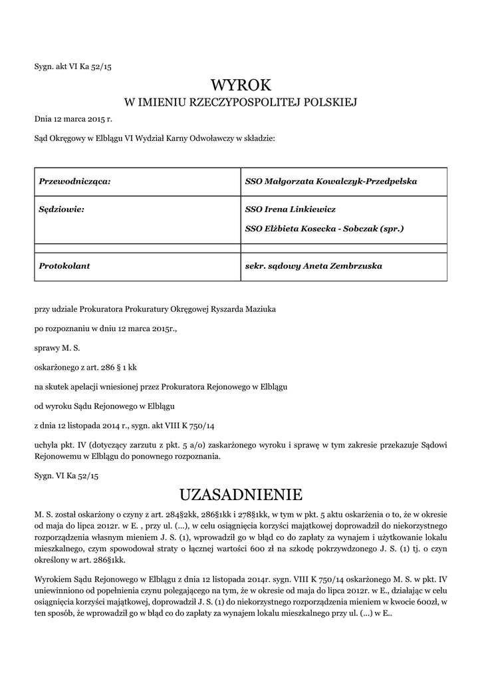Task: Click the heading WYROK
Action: pyautogui.click(x=241, y=85)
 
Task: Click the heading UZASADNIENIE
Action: pyautogui.click(x=241, y=495)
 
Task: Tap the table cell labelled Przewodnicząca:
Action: pyautogui.click(x=74, y=181)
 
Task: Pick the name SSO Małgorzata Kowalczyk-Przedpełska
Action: pyautogui.click(x=331, y=181)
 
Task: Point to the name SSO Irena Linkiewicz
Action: pyautogui.click(x=291, y=209)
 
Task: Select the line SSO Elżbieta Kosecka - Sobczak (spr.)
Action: pyautogui.click(x=324, y=228)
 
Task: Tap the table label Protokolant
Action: pyautogui.click(x=64, y=266)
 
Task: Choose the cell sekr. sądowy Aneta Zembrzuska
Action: pyautogui.click(x=314, y=266)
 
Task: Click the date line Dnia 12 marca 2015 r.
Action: pyautogui.click(x=74, y=120)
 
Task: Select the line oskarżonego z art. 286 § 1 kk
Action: pyautogui.click(x=86, y=366)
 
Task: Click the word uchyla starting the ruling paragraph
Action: pyautogui.click(x=47, y=444)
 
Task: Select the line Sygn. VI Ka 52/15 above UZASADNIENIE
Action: pyautogui.click(x=66, y=476)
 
